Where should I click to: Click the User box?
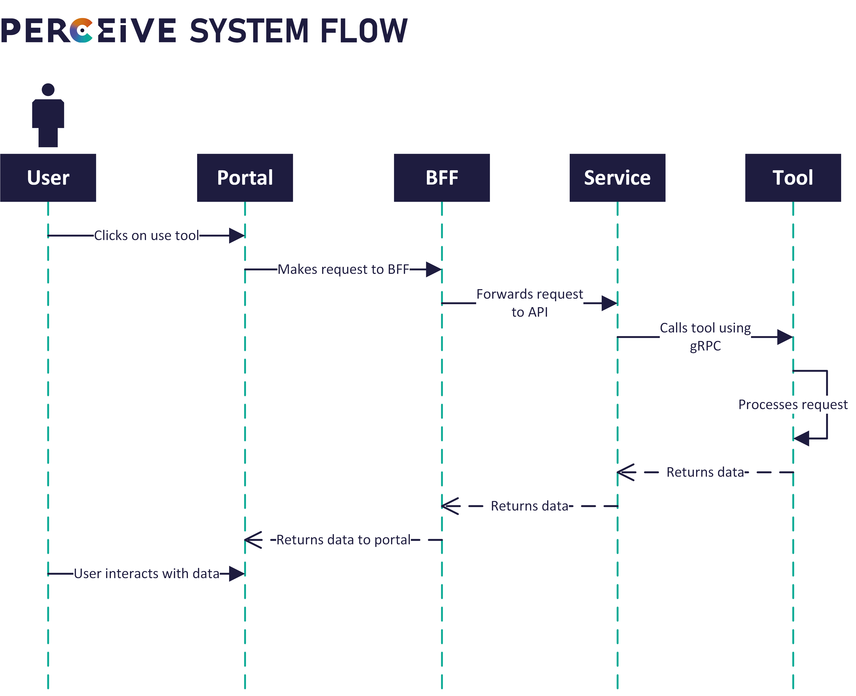(48, 178)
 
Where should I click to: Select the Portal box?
(245, 178)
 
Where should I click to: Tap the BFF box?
(442, 178)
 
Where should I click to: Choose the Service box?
(617, 178)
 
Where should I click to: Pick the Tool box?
(793, 178)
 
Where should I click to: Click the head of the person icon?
(48, 89)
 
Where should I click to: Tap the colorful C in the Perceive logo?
(81, 30)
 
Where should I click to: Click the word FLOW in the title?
(364, 31)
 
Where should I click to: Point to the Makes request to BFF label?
(344, 269)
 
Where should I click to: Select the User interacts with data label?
(146, 574)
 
